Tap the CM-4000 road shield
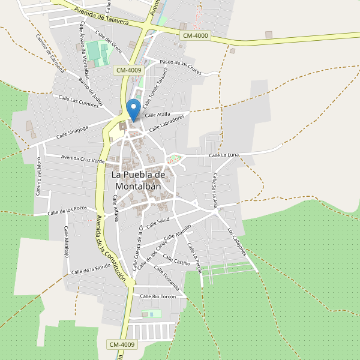pyautogui.click(x=195, y=36)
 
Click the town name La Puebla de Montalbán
pyautogui.click(x=138, y=180)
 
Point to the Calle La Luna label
pyautogui.click(x=224, y=155)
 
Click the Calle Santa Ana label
pyautogui.click(x=215, y=190)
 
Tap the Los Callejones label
pyautogui.click(x=237, y=241)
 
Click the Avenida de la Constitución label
pyautogui.click(x=107, y=247)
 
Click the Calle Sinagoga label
pyautogui.click(x=73, y=132)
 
